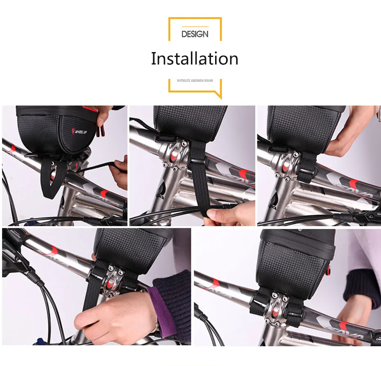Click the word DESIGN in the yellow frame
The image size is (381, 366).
195,34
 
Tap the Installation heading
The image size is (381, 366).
194,59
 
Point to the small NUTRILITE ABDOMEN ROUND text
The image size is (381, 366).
195,81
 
